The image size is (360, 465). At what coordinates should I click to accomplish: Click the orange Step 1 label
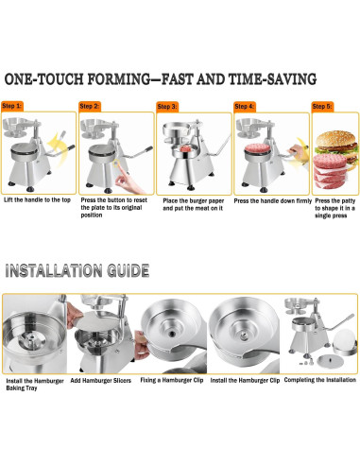point(12,106)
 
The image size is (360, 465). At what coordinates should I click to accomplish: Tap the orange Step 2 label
point(90,106)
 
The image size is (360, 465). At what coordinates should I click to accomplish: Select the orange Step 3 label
point(167,107)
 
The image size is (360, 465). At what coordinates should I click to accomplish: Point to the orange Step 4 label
point(245,107)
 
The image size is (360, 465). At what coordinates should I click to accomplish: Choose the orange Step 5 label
point(322,107)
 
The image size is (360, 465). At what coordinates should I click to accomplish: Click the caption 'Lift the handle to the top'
point(37,199)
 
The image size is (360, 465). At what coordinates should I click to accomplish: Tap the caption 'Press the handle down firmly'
point(273,200)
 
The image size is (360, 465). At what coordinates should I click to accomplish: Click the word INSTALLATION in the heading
point(54,270)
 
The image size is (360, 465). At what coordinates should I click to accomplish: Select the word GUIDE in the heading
point(129,270)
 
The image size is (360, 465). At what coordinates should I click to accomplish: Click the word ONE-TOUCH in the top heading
point(44,78)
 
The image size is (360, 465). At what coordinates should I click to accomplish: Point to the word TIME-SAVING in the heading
point(272,78)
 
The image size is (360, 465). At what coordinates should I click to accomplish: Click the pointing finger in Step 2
point(129,181)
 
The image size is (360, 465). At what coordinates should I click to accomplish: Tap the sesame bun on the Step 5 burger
point(335,138)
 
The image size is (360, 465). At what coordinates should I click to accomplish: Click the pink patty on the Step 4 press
point(258,148)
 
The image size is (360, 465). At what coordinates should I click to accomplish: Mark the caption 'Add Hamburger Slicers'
point(101,381)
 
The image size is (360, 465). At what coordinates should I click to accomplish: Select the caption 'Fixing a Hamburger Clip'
point(172,380)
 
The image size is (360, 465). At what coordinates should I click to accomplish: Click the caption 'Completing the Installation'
point(320,380)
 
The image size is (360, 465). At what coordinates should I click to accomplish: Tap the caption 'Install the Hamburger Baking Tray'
point(35,385)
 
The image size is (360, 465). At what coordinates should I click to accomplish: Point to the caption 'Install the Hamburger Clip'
point(245,380)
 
